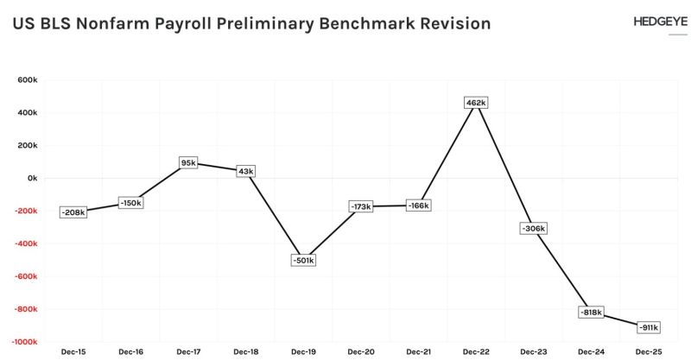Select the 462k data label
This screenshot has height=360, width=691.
(x=476, y=103)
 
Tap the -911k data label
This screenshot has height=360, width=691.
(x=648, y=327)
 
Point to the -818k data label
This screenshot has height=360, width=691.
(x=591, y=312)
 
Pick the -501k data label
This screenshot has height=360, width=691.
(x=303, y=260)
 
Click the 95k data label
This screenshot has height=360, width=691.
(x=188, y=162)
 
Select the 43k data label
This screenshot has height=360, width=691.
(x=245, y=171)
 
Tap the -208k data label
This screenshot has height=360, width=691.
(x=73, y=212)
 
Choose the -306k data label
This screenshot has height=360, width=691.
(x=534, y=229)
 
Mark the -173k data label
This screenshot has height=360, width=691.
(x=360, y=207)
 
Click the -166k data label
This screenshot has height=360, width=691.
(x=418, y=205)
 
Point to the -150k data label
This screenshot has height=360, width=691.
(x=130, y=203)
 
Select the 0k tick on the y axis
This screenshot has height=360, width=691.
(x=32, y=178)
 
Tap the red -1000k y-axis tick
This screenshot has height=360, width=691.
(x=24, y=342)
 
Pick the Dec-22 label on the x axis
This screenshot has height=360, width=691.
(x=476, y=351)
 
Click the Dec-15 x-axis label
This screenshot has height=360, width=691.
(x=73, y=351)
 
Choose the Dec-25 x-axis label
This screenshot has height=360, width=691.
(x=648, y=351)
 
